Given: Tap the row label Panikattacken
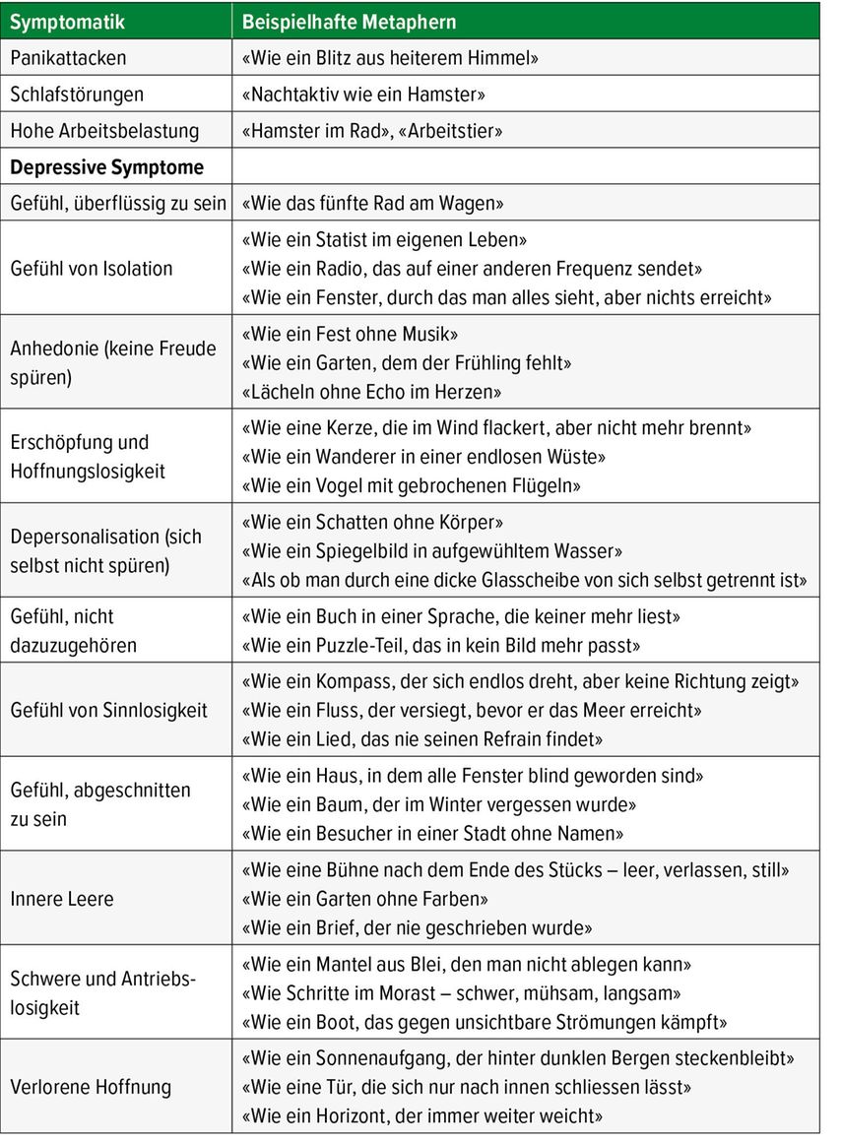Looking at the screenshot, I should tap(68, 58).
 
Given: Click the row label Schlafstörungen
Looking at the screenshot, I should tap(77, 95).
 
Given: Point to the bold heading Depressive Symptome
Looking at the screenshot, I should tap(106, 167).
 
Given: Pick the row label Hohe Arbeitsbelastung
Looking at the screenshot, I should tap(104, 131).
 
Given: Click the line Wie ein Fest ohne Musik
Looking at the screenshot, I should tap(350, 334).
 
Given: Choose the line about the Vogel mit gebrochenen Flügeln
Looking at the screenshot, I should tap(411, 486).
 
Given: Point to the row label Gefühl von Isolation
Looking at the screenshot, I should tap(91, 269).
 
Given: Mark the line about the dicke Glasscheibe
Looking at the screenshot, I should tap(523, 580).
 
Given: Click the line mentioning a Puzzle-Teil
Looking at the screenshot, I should tap(441, 646).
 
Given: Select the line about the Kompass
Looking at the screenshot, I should tap(519, 681).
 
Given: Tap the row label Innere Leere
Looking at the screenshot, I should tap(62, 899).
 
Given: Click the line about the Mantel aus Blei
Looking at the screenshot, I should tap(466, 964).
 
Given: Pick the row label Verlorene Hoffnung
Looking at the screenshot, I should tap(91, 1088).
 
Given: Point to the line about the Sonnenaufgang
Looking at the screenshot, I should tap(517, 1059).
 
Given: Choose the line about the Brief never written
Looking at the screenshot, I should tap(417, 927).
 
